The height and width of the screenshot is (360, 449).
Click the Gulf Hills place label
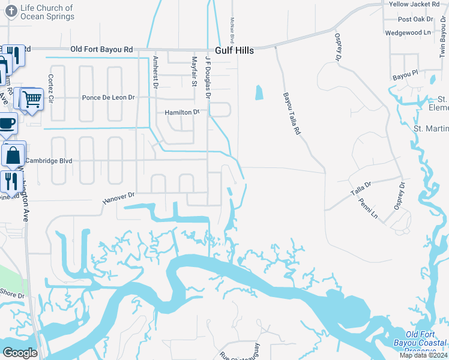(234, 50)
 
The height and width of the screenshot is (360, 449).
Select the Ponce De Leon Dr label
(108, 97)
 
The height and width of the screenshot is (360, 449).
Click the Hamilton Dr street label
(182, 112)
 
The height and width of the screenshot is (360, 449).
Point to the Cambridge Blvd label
(52, 161)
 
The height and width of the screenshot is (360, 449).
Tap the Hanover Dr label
(119, 195)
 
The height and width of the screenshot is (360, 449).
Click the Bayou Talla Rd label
(291, 113)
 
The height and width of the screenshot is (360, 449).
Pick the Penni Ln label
(370, 209)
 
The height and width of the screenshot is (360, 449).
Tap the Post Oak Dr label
(415, 19)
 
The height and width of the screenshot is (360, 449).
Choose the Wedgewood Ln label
(408, 32)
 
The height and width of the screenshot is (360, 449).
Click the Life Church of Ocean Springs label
(47, 12)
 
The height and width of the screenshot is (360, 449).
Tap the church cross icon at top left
(10, 11)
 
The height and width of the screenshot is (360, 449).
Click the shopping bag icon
(13, 155)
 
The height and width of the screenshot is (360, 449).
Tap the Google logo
(20, 353)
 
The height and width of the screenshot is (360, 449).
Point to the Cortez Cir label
(51, 88)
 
